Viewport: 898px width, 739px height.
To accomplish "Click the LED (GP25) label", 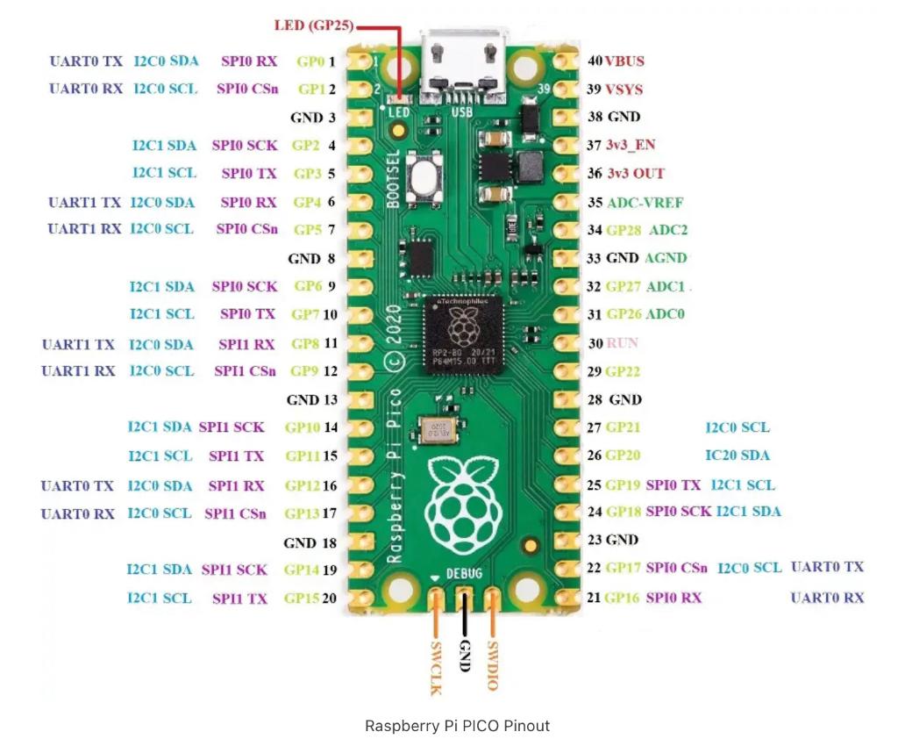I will coord(312,25).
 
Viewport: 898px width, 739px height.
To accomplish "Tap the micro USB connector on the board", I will coord(462,66).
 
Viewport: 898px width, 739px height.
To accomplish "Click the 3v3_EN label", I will coord(634,145).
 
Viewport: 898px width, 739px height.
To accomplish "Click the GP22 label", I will coord(623,371).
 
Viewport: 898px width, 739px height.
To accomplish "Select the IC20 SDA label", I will coord(738,455).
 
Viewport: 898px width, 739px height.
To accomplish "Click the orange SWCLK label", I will coord(435,667).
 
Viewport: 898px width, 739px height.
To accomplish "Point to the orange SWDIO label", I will coord(493,665).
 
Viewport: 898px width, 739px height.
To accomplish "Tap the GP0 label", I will coord(310,62).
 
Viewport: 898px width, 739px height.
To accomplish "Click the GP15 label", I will coord(302,598).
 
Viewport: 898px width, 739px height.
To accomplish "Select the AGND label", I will coord(666,258).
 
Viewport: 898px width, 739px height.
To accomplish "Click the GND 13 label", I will coord(311,399).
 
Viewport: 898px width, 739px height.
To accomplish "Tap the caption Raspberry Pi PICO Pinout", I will coord(457,726).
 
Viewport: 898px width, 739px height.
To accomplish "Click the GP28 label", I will coord(623,230).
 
